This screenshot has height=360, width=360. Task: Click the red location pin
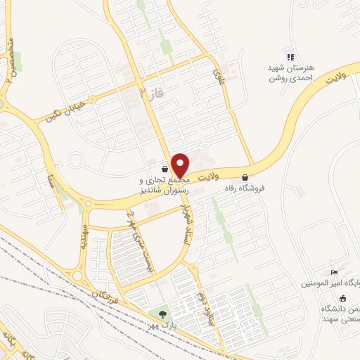pos(180,165)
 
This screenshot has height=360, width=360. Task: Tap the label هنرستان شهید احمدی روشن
pos(289,72)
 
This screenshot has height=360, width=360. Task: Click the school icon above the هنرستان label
pos(289,57)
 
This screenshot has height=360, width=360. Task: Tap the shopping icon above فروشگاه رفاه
pos(244,177)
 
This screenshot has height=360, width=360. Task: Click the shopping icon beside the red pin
pos(165,169)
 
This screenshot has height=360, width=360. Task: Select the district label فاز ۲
pos(150,94)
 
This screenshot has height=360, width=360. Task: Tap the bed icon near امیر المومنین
pos(334,273)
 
